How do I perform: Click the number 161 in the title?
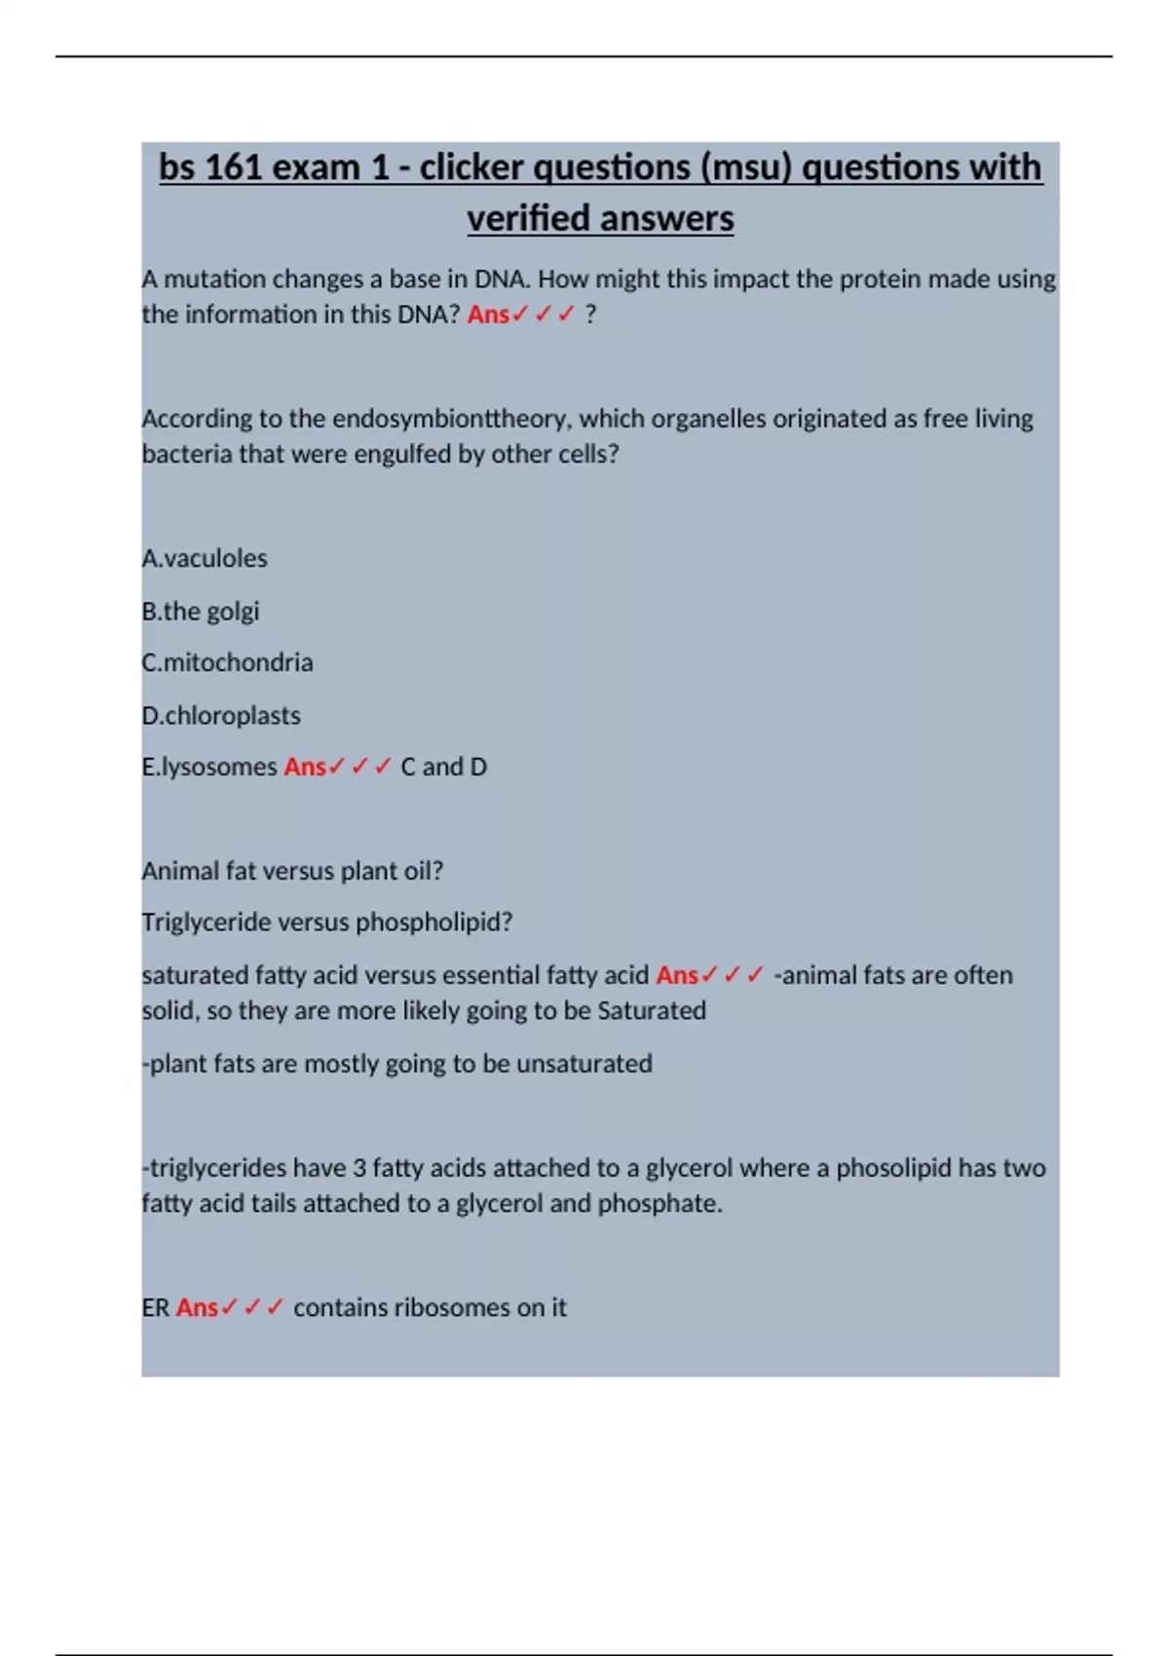pos(233,168)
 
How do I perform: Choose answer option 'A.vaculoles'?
pos(205,558)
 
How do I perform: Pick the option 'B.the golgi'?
pos(201,611)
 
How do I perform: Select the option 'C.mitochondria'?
pos(228,662)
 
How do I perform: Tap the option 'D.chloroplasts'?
pos(221,715)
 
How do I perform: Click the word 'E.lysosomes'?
pos(209,767)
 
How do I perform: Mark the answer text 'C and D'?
pos(443,767)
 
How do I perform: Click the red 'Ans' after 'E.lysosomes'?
pos(305,767)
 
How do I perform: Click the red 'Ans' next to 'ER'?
pos(197,1307)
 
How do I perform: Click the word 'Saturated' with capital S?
pos(652,1010)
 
